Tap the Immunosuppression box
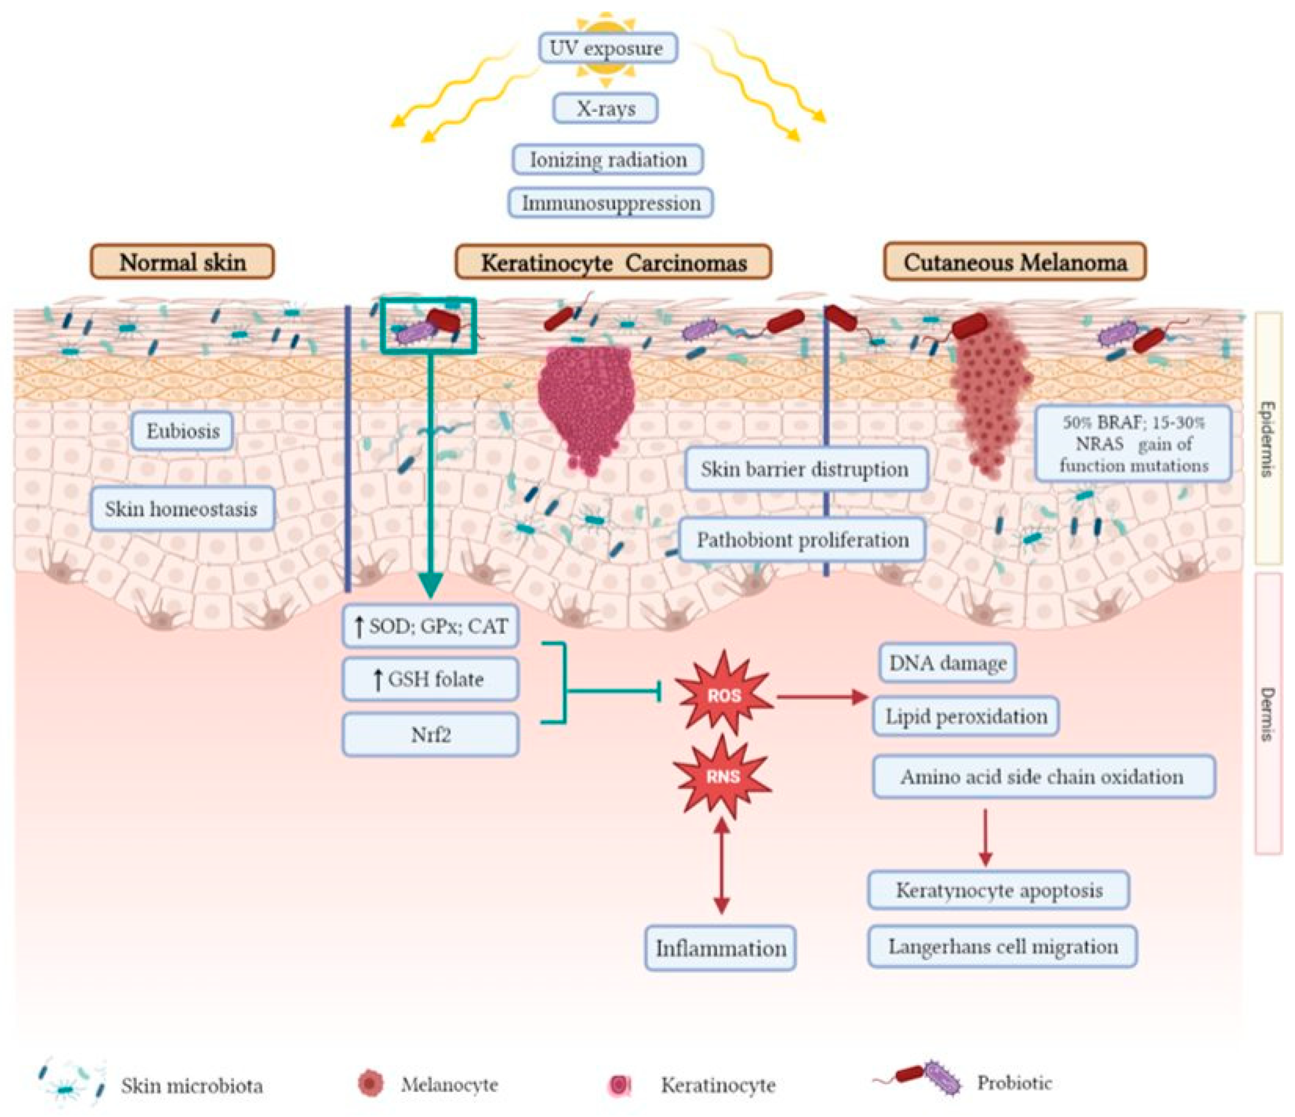coord(611,203)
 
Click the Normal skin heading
coord(183,262)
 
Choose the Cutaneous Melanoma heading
coord(1015,262)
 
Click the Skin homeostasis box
coord(182,508)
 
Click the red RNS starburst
coord(723,776)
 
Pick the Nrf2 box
coord(431,735)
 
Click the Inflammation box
coord(721,948)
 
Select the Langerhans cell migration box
coord(1003,946)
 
